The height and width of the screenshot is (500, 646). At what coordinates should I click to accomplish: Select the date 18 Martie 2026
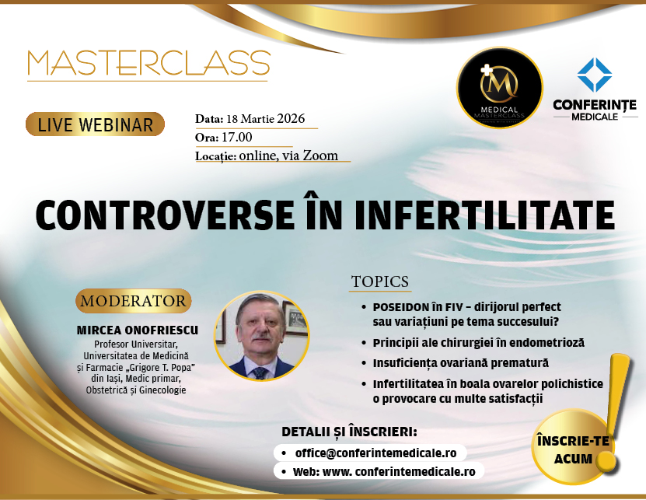270,120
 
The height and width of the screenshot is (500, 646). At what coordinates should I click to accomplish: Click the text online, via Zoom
288,156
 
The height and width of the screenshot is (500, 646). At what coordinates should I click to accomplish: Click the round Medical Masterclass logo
499,88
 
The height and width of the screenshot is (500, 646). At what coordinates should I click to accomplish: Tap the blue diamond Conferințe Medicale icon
595,75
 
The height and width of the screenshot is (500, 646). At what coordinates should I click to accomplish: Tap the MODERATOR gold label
134,301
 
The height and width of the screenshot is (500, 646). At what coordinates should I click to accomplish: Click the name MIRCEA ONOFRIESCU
138,330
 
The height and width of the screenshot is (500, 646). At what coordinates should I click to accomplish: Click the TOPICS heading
380,281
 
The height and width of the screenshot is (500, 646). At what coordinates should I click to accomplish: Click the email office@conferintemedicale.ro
380,452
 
